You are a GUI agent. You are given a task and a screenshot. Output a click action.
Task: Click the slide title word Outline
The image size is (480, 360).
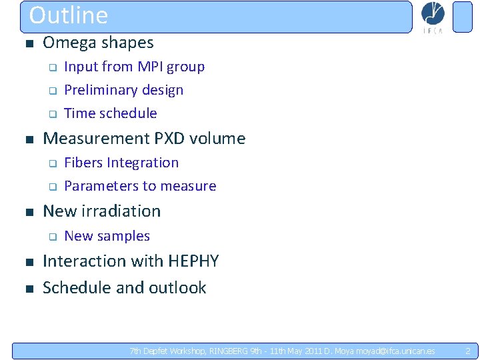coord(69,15)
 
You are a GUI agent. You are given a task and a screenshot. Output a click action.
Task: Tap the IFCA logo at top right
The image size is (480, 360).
coord(433,17)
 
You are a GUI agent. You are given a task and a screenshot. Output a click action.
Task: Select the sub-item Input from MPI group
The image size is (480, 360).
coord(134,67)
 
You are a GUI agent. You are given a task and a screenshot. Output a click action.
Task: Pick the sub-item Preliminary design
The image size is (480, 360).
coord(123,90)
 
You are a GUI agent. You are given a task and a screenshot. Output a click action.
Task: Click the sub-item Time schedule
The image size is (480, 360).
coord(110,113)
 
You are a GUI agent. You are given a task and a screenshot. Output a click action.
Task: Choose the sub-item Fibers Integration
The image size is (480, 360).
coord(121,163)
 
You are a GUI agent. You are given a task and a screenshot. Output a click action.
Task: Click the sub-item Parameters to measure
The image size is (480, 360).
coord(140,186)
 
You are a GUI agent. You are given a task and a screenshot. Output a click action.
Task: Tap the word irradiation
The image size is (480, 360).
coord(120,211)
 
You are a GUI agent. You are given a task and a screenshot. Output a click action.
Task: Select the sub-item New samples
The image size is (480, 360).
coord(107,236)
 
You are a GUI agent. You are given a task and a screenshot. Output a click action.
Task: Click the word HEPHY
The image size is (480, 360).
coord(194,261)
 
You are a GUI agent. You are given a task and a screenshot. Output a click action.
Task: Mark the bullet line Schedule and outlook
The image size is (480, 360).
coord(124,288)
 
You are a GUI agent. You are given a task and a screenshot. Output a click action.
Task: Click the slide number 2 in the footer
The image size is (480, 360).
coord(467,351)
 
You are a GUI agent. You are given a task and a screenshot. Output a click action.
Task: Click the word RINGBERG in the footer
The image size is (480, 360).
coord(227,351)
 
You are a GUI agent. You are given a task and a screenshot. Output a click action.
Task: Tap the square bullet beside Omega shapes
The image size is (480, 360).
coord(27,44)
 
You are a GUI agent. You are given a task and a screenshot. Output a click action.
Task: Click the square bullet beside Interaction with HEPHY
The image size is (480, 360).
coord(27,262)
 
